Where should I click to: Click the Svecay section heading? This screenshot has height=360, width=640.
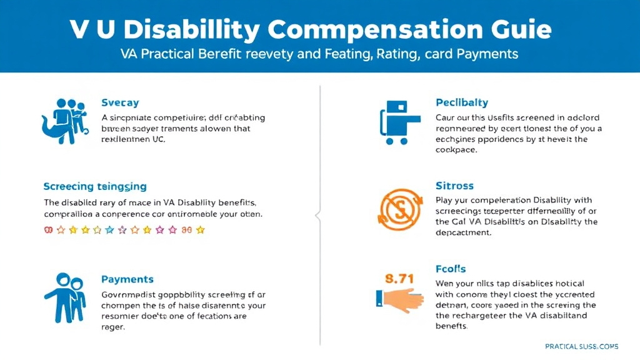point(120,102)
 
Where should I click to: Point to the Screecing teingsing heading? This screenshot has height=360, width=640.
point(95,186)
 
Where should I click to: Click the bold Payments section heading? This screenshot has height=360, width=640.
point(127,279)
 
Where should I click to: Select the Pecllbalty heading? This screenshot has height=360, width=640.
point(461,102)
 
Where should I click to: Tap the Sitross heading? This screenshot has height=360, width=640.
point(454,186)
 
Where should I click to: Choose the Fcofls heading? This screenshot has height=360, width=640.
point(450,269)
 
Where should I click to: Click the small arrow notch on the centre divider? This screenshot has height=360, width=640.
point(318,216)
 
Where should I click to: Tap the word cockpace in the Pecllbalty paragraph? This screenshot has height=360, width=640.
point(456,151)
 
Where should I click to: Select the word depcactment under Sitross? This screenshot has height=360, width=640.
point(463,232)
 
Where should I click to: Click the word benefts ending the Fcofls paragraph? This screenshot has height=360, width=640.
point(451,326)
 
